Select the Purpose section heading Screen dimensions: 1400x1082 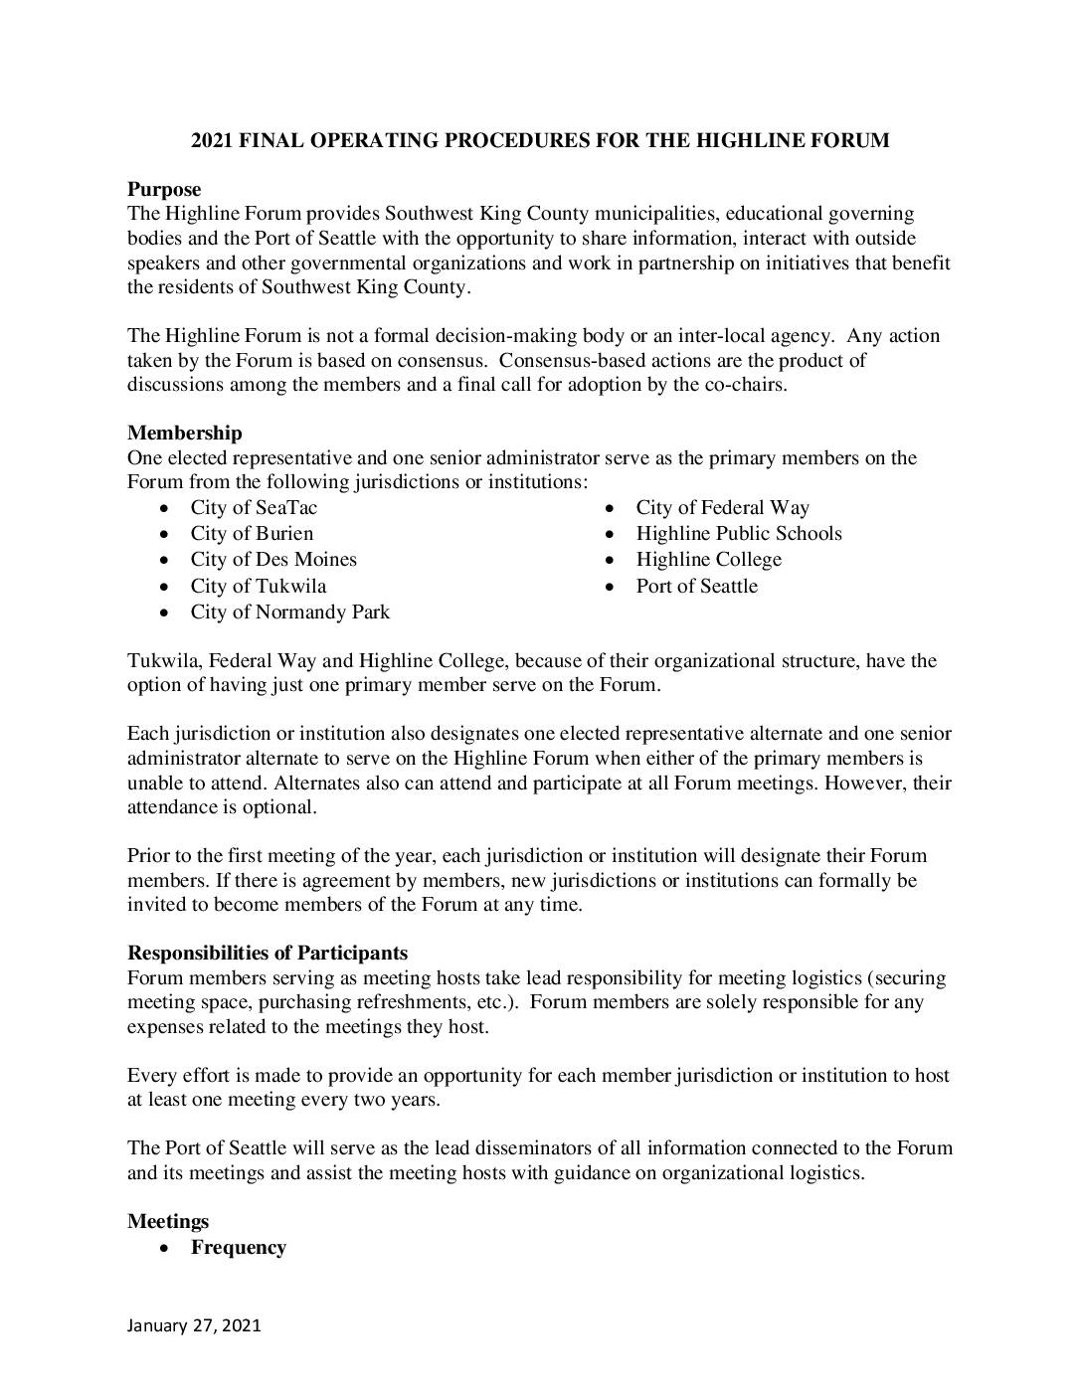[x=164, y=189]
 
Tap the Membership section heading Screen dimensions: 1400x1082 [x=184, y=433]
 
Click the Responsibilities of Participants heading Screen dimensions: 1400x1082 [x=267, y=953]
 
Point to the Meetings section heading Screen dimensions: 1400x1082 [x=168, y=1221]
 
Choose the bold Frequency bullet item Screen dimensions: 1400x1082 [x=239, y=1247]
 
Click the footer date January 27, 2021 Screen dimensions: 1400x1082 [x=194, y=1324]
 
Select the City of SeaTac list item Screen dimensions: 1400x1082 [x=254, y=507]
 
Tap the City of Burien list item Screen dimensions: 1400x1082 [x=252, y=533]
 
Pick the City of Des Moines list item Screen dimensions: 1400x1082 [x=273, y=559]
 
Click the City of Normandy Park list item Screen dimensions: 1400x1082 [x=290, y=612]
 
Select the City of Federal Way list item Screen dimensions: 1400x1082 [x=723, y=507]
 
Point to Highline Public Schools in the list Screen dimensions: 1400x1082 [x=739, y=533]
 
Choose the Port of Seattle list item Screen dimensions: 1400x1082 [x=697, y=586]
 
